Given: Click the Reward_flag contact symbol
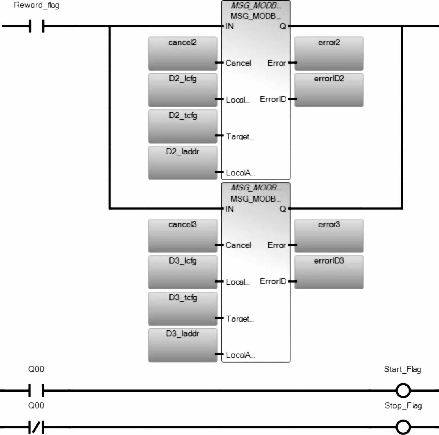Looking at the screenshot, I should point(37,26).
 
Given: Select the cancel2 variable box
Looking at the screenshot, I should point(182,53).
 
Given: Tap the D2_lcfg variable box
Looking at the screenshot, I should point(182,90).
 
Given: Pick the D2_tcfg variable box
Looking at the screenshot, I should point(182,126).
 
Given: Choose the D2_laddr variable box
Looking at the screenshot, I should point(182,162).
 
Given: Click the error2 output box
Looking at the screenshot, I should point(329,53).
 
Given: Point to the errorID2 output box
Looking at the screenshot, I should point(329,90).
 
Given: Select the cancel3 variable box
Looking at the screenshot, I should point(182,235).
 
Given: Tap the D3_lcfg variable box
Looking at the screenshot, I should point(182,272).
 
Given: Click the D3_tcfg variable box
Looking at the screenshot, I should point(182,308).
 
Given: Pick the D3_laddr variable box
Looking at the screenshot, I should point(182,345).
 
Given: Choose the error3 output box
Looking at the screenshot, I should point(329,235).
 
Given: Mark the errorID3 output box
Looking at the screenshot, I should point(329,272).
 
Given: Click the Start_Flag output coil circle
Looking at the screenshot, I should point(403,390).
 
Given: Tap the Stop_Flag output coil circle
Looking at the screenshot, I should point(403,427).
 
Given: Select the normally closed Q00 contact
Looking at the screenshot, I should point(36,427).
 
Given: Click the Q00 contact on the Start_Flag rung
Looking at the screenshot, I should point(36,390).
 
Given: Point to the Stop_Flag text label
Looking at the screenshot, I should point(403,405).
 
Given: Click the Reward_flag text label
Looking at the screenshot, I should point(36,5).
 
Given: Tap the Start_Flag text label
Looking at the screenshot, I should point(402,369).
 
